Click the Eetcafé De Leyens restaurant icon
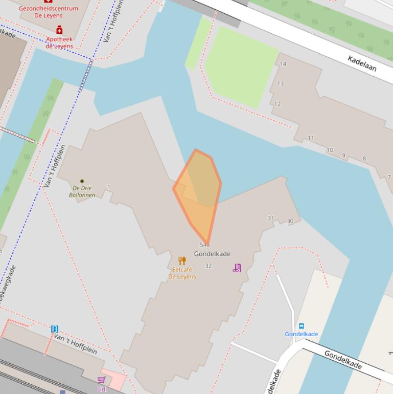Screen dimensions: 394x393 pyautogui.click(x=182, y=261)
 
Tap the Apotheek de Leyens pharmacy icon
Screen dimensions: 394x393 pyautogui.click(x=59, y=30)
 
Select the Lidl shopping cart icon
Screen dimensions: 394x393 pyautogui.click(x=101, y=380)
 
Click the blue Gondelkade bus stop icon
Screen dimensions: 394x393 pyautogui.click(x=302, y=326)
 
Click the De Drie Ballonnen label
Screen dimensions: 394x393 pyautogui.click(x=82, y=191)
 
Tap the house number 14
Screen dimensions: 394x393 pyautogui.click(x=283, y=64)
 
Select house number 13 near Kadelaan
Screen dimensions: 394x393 pyautogui.click(x=280, y=84)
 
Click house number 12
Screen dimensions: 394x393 pyautogui.click(x=278, y=104)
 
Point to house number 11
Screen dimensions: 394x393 pyautogui.click(x=311, y=138)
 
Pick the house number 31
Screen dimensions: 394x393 pyautogui.click(x=270, y=218)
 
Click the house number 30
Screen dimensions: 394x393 pyautogui.click(x=290, y=221)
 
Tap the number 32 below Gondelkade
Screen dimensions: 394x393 pyautogui.click(x=208, y=266)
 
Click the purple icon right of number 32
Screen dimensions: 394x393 pyautogui.click(x=237, y=268)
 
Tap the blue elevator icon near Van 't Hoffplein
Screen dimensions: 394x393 pyautogui.click(x=55, y=329)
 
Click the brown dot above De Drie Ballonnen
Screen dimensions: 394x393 pyautogui.click(x=82, y=181)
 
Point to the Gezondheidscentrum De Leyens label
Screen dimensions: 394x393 pyautogui.click(x=49, y=12)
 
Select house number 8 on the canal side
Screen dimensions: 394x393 pyautogui.click(x=364, y=159)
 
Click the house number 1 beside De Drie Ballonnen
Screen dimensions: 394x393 pyautogui.click(x=109, y=187)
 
